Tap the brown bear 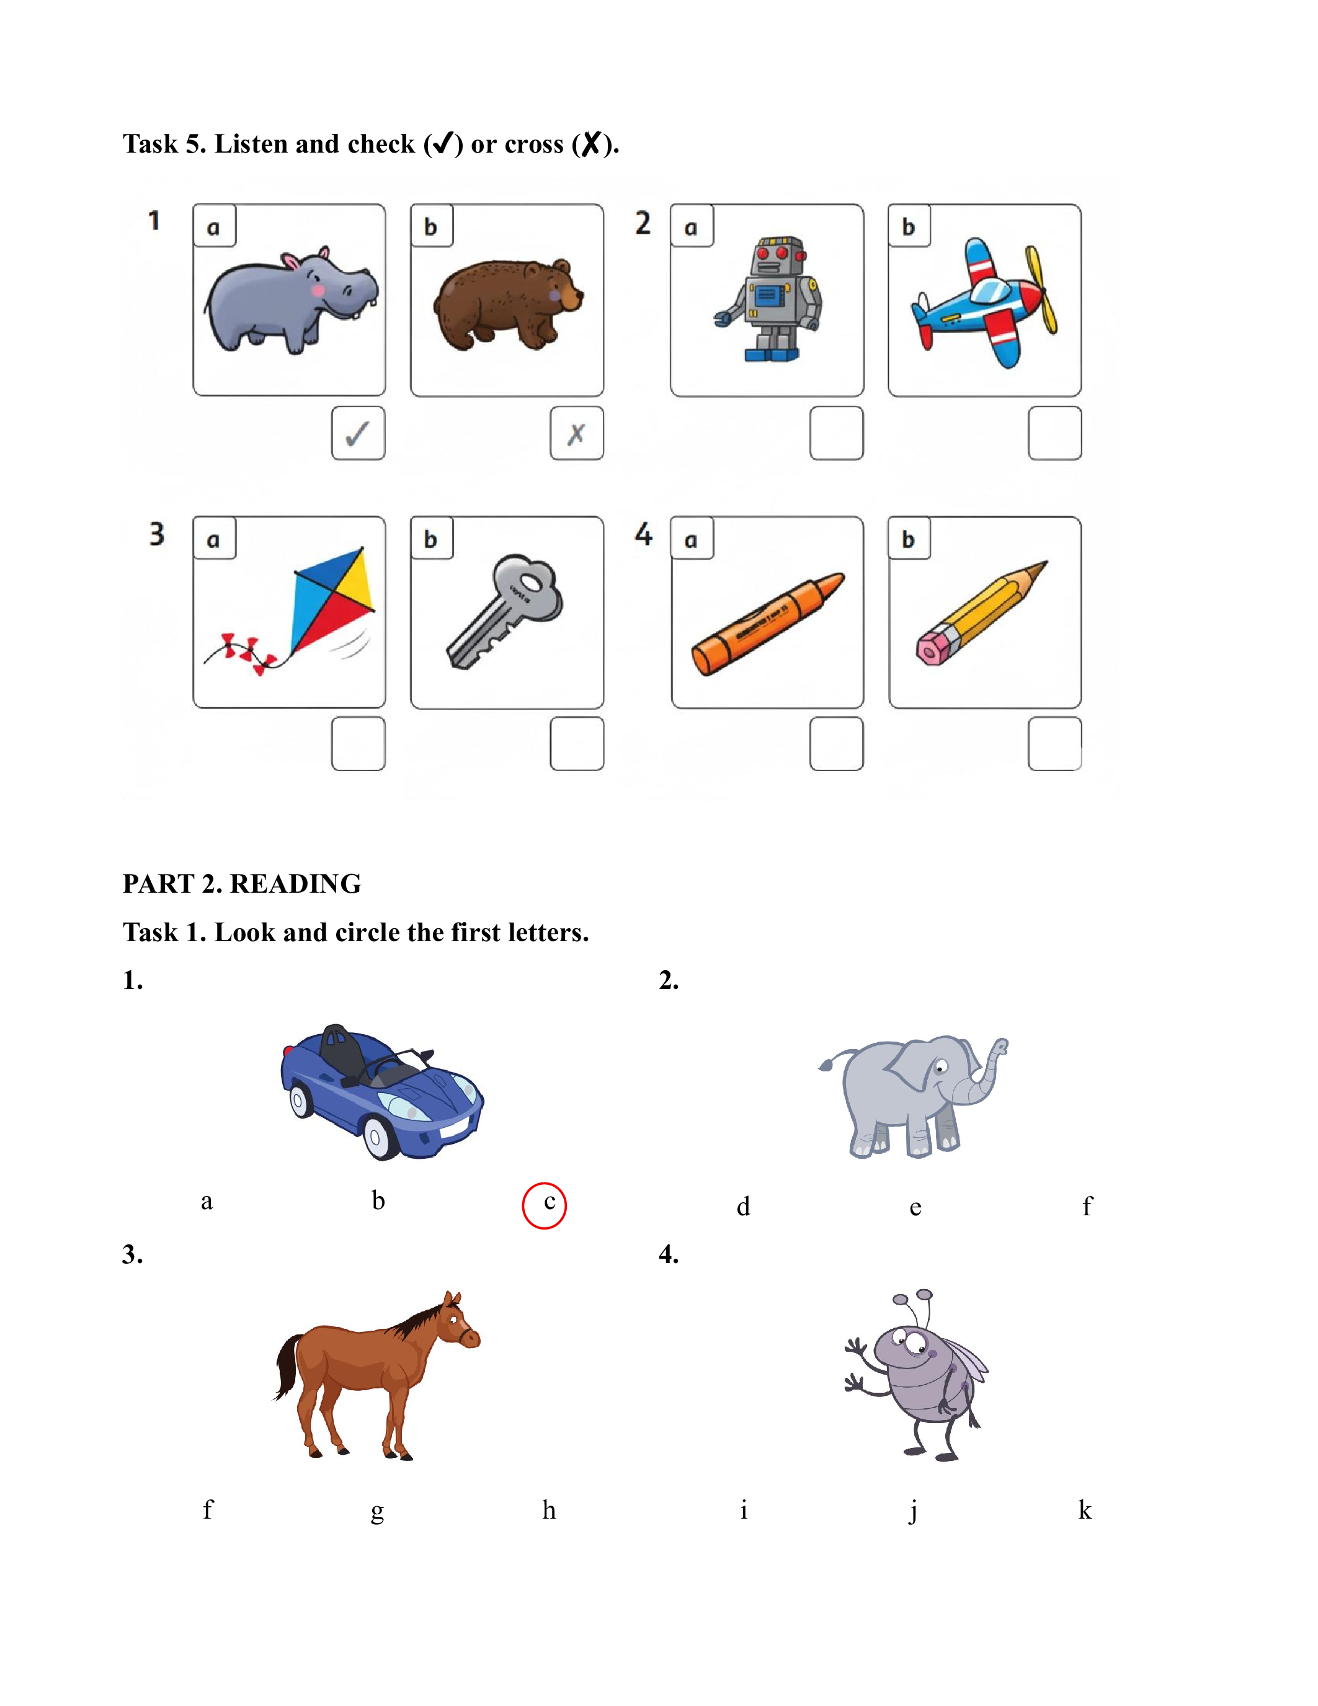(x=507, y=304)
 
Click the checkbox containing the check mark (x=358, y=433)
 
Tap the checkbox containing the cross (x=577, y=433)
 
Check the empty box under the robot (x=836, y=433)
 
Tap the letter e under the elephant (x=915, y=1208)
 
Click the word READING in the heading (x=295, y=883)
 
